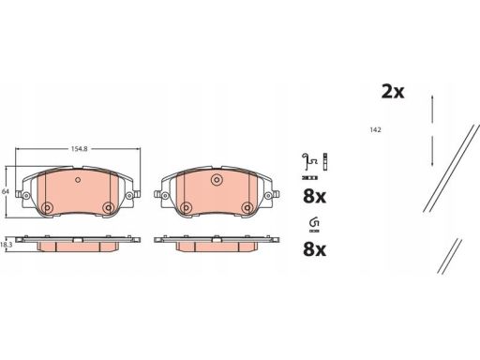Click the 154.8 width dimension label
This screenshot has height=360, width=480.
(77, 148)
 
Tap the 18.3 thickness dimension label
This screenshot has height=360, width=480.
(7, 243)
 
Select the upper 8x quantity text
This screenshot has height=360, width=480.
(315, 198)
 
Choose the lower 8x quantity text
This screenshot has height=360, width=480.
(315, 250)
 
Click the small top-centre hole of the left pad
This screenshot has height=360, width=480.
(76, 180)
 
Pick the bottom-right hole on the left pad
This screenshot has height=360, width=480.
(108, 207)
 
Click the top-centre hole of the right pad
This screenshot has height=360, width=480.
(217, 180)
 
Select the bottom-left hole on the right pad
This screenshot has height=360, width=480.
(185, 207)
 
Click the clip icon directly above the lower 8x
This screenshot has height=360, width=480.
(314, 223)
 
